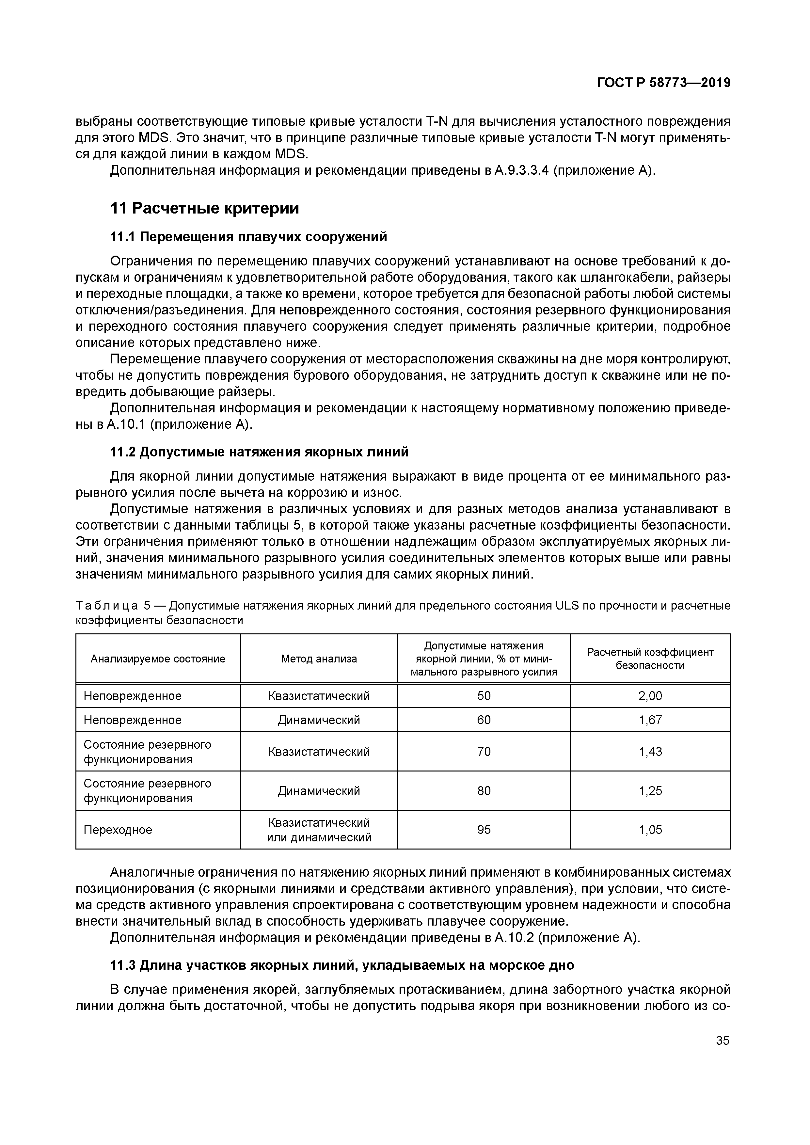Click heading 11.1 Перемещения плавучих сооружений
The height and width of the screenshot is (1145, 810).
click(248, 237)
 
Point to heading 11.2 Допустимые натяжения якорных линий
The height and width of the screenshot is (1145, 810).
click(259, 452)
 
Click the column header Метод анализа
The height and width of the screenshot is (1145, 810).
click(319, 659)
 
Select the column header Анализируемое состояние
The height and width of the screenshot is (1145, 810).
click(158, 659)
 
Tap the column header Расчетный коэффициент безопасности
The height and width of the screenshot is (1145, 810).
click(650, 659)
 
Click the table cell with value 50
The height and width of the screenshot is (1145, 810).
click(484, 696)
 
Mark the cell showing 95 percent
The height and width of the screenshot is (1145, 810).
click(484, 829)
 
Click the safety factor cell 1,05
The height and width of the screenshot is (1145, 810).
click(650, 829)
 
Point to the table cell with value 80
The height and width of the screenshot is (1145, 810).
click(484, 790)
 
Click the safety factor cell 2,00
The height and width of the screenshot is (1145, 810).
click(650, 696)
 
